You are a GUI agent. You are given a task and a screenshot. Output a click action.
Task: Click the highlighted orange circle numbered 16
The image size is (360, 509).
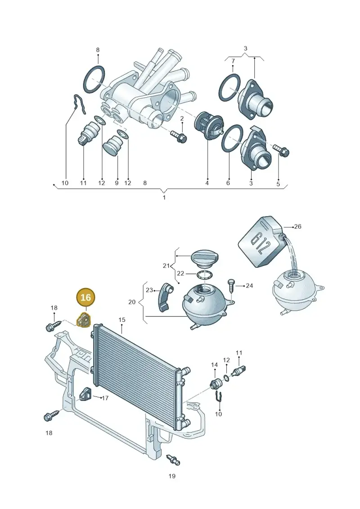(x=85, y=297)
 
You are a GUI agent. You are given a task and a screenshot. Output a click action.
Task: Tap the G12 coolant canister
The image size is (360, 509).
(x=261, y=242)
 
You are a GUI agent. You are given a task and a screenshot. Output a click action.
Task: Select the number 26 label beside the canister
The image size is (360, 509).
(x=297, y=226)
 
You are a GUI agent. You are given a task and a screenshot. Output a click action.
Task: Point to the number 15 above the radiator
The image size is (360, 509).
(x=122, y=320)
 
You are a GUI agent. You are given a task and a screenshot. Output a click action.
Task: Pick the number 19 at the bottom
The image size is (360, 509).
(x=172, y=476)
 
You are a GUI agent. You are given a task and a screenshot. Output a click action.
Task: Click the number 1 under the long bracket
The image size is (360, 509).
(x=164, y=198)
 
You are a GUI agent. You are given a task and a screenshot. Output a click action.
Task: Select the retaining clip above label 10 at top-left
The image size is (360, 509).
(x=79, y=104)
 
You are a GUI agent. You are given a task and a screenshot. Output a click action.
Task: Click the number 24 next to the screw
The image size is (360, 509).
(x=249, y=286)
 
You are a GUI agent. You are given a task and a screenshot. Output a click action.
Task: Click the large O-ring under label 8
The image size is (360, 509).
(x=94, y=80)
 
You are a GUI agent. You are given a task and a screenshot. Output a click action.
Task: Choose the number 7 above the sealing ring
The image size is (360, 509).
(x=233, y=61)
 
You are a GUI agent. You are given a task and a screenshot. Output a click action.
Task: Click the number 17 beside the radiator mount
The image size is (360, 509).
(x=105, y=398)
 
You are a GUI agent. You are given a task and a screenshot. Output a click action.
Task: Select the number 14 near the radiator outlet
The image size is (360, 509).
(x=215, y=365)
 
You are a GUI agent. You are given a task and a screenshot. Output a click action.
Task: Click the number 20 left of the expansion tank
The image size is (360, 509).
(x=132, y=302)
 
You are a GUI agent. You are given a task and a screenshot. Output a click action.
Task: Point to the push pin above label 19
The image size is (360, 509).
(x=173, y=459)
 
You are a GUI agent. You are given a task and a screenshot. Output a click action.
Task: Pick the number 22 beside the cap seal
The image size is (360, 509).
(x=180, y=273)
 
